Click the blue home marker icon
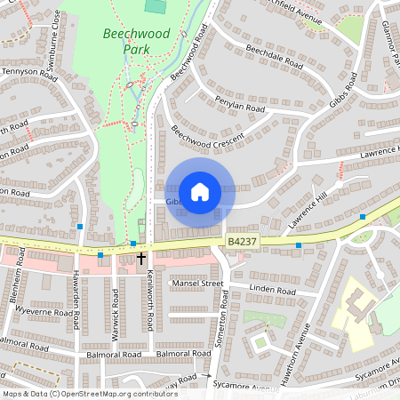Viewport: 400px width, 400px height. pyautogui.click(x=200, y=191)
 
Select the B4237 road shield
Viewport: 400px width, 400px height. pyautogui.click(x=242, y=241)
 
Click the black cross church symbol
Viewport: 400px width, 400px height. pyautogui.click(x=140, y=258)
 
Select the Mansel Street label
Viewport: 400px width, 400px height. pyautogui.click(x=196, y=284)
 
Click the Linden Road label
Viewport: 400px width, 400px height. pyautogui.click(x=272, y=291)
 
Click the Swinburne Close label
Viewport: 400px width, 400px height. pyautogui.click(x=55, y=31)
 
